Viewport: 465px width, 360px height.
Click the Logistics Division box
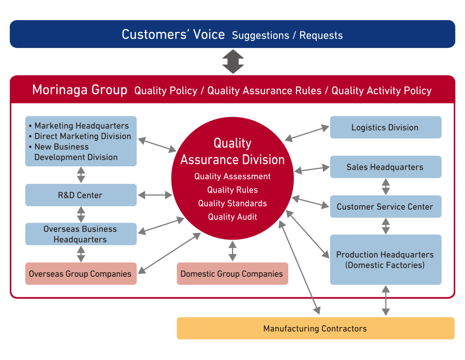[385, 127]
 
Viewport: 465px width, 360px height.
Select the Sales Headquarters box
[385, 167]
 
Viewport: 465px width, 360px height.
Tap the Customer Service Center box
[385, 207]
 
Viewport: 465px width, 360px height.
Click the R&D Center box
[81, 195]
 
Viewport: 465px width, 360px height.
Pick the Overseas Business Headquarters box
[81, 234]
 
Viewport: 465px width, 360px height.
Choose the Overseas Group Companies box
[81, 273]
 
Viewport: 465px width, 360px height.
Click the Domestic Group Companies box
[233, 273]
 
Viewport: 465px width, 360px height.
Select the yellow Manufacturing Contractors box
[316, 328]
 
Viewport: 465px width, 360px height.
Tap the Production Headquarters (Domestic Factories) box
[385, 259]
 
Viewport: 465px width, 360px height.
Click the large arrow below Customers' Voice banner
[233, 61]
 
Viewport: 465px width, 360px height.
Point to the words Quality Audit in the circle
[233, 217]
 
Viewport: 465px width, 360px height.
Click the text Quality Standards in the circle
[233, 203]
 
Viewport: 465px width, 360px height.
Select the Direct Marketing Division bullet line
[80, 136]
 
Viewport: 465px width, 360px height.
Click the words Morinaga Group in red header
[80, 89]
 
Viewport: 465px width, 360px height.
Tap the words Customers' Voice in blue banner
[173, 35]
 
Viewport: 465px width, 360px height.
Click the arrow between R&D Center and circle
[155, 195]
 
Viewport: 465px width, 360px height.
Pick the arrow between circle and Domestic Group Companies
[233, 251]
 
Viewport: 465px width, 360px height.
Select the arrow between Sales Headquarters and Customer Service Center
[385, 186]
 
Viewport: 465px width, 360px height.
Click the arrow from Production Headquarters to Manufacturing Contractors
[385, 301]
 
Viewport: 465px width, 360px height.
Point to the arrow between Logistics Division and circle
[307, 133]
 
